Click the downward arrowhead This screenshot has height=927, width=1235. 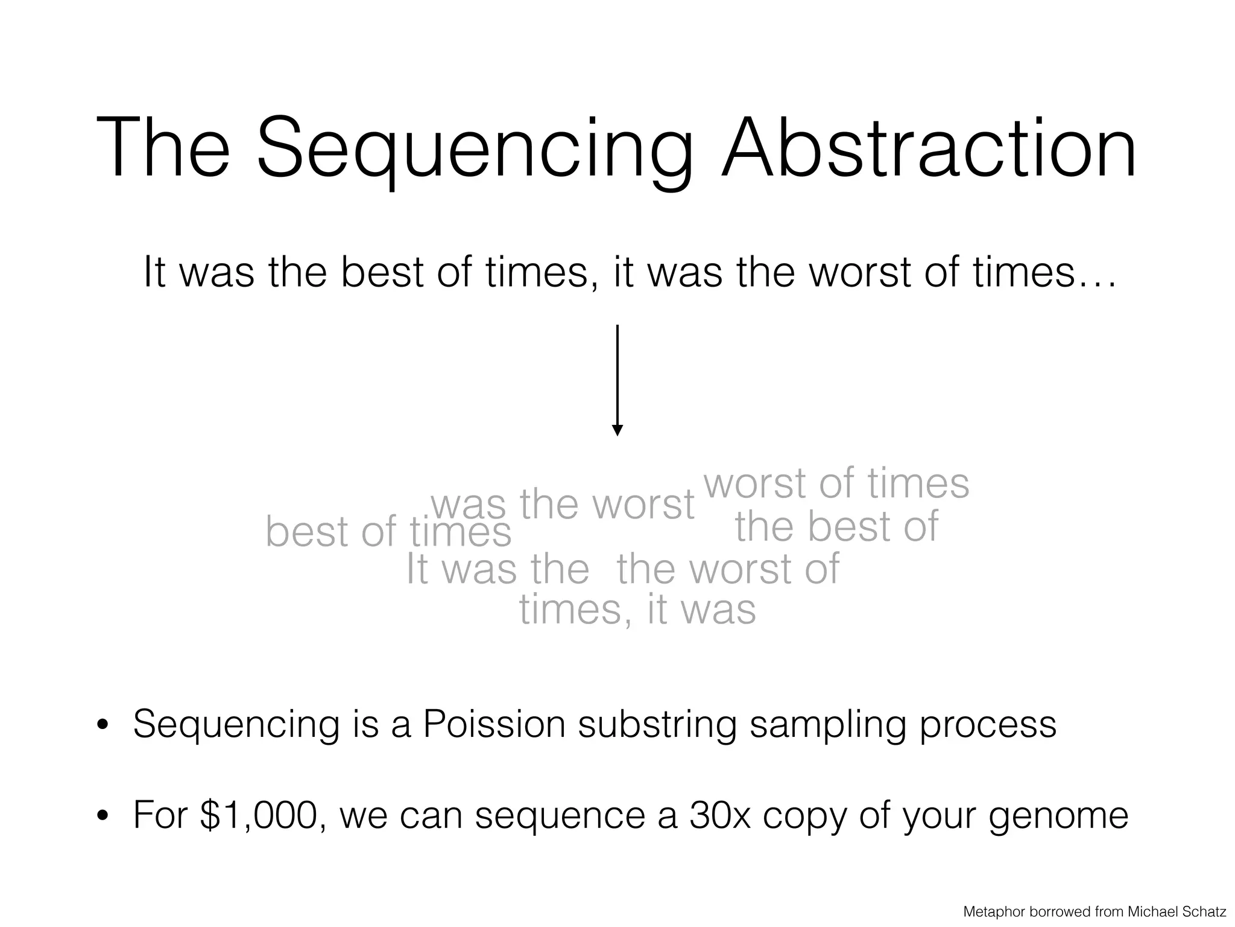pyautogui.click(x=617, y=430)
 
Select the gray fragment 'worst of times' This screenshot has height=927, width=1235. pyautogui.click(x=836, y=484)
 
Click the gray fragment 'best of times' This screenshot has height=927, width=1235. pyautogui.click(x=388, y=532)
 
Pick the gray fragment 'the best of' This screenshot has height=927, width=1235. pyautogui.click(x=836, y=526)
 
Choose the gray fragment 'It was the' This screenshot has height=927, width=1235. pyautogui.click(x=497, y=569)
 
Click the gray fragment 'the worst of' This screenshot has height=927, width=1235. pyautogui.click(x=728, y=569)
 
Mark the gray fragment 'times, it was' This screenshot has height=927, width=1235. pyautogui.click(x=637, y=610)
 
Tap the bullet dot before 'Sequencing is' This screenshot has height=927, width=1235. pyautogui.click(x=103, y=726)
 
